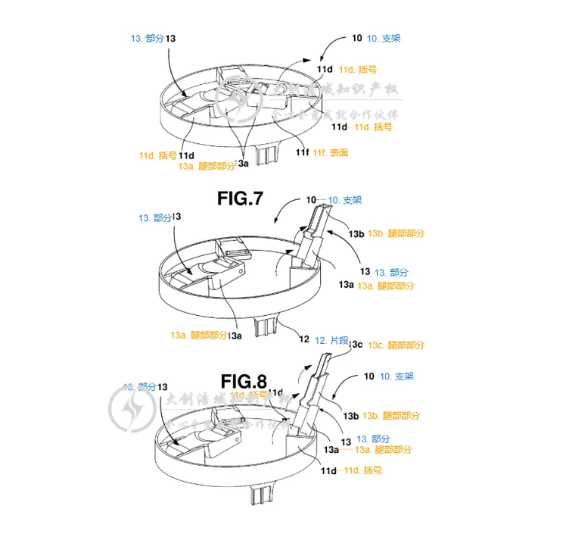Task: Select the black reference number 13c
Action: click(356, 345)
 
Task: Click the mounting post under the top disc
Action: click(266, 155)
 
